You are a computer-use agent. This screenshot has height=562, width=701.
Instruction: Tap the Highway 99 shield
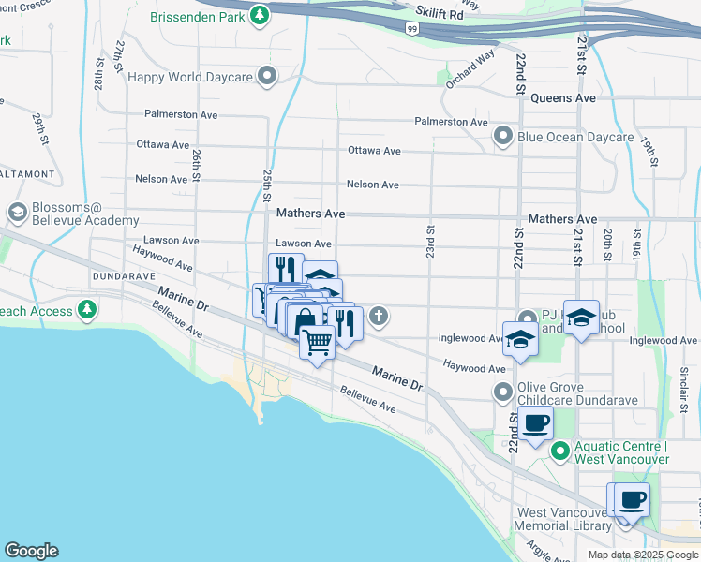(411, 30)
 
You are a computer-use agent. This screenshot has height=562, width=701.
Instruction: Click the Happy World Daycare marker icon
(269, 77)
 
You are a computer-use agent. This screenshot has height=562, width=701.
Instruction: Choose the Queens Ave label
(562, 97)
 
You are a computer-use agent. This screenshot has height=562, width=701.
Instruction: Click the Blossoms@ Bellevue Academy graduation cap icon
(17, 213)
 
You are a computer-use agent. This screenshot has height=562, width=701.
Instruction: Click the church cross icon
(379, 316)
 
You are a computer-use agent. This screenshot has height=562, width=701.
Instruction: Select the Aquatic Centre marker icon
(560, 451)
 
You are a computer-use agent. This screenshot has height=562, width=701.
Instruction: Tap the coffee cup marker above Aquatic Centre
(536, 423)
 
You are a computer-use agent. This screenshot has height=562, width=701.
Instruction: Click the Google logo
(31, 551)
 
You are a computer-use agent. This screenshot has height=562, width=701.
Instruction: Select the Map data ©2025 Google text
(641, 554)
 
